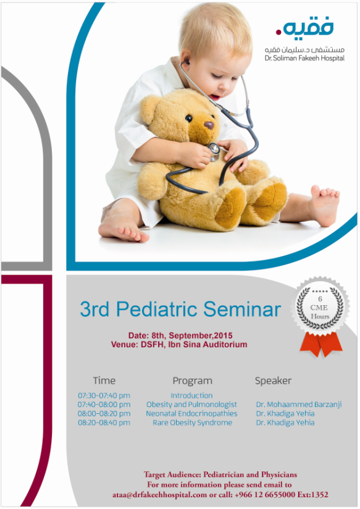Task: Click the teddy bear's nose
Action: pyautogui.click(x=209, y=125)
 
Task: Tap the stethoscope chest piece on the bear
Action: pyautogui.click(x=214, y=150)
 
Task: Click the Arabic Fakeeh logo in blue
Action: pyautogui.click(x=305, y=29)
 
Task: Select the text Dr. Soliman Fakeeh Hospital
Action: pyautogui.click(x=304, y=59)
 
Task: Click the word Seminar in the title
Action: pyautogui.click(x=242, y=309)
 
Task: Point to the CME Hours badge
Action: pyautogui.click(x=320, y=308)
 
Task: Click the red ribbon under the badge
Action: pyautogui.click(x=320, y=345)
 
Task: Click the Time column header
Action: pyautogui.click(x=104, y=381)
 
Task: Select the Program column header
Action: pyautogui.click(x=193, y=381)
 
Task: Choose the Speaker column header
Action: pyautogui.click(x=274, y=381)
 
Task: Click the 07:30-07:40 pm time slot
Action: pyautogui.click(x=104, y=396)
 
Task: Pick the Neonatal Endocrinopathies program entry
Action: pyautogui.click(x=191, y=414)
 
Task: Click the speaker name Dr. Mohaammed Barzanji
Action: pyautogui.click(x=299, y=405)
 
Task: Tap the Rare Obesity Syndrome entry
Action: pyautogui.click(x=193, y=423)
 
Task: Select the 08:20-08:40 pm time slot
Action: pyautogui.click(x=104, y=423)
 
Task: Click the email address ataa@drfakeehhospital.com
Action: pyautogui.click(x=160, y=495)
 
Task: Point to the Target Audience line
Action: pyautogui.click(x=220, y=474)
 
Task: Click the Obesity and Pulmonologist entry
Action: pyautogui.click(x=191, y=405)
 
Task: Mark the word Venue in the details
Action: pyautogui.click(x=124, y=345)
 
